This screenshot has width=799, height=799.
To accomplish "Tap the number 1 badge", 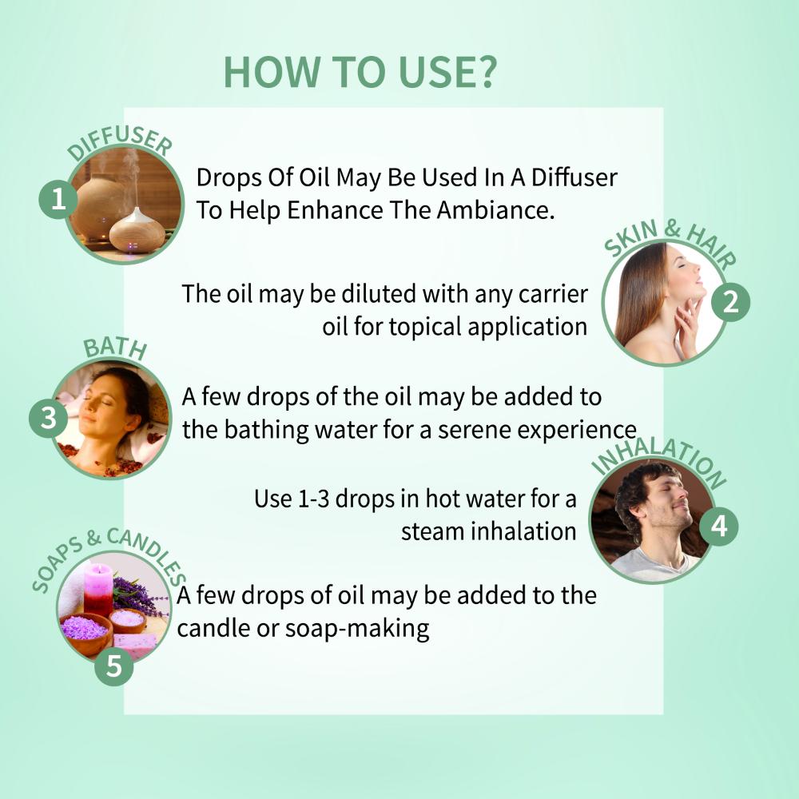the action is click(x=58, y=199).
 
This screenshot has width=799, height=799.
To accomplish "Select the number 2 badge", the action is click(x=730, y=303).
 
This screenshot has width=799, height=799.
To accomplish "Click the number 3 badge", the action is click(x=48, y=418).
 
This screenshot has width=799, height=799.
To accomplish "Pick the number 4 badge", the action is click(x=718, y=527).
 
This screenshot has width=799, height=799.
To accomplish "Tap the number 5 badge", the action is click(x=113, y=666).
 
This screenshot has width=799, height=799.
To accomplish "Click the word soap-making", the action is click(x=356, y=629).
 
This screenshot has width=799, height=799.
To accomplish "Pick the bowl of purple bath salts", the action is click(x=85, y=630).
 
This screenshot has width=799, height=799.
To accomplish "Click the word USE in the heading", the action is click(x=438, y=72).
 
